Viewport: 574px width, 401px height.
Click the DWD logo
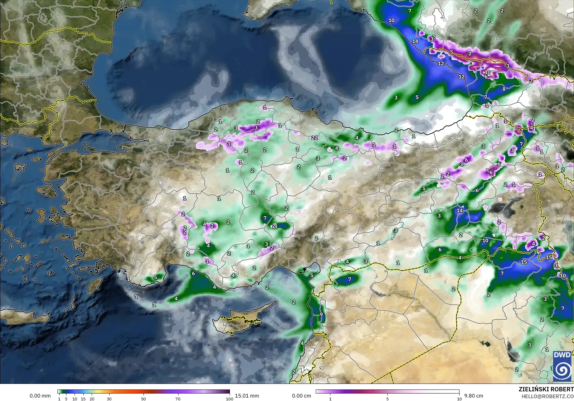[563, 366]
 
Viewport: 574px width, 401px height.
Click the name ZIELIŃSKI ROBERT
[546, 389]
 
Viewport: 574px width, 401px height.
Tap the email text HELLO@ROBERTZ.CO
[548, 396]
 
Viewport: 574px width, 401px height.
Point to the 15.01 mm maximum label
[247, 396]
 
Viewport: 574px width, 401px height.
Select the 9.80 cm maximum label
[474, 396]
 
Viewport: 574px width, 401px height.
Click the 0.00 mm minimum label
[40, 396]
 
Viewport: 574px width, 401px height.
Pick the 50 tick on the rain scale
[143, 399]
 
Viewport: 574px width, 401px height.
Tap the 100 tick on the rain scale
[229, 399]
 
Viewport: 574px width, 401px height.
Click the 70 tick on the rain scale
[178, 399]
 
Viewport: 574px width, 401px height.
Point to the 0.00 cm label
[301, 396]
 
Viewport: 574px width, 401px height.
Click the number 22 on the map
[314, 138]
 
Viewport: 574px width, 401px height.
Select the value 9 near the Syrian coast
[321, 314]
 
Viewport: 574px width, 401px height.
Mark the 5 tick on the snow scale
[387, 399]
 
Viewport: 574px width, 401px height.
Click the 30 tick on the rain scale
[109, 399]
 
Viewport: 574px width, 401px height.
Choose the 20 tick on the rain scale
[92, 399]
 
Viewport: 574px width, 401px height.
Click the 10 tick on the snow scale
[459, 399]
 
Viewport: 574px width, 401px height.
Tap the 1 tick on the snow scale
[330, 399]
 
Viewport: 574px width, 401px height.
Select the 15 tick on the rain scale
[83, 399]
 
